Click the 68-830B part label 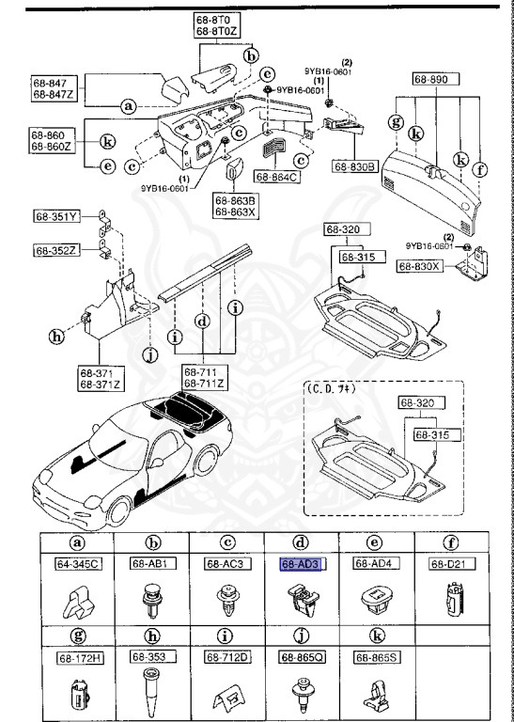click(x=354, y=166)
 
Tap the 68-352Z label click(x=55, y=250)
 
